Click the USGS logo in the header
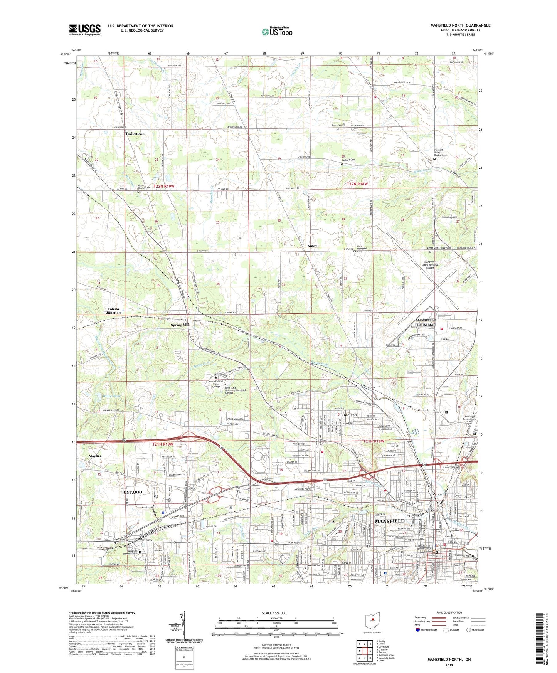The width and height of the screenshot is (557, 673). [85, 30]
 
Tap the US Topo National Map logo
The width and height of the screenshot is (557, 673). [276, 32]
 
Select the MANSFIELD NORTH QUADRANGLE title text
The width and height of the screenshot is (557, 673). [460, 25]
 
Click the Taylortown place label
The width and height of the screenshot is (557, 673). [135, 133]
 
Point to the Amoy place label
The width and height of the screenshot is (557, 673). [312, 246]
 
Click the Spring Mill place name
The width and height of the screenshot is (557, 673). [180, 325]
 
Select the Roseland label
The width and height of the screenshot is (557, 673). [348, 415]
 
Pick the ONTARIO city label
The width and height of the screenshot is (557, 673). [133, 492]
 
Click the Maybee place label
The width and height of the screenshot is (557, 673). [95, 456]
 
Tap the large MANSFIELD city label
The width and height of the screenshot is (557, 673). [389, 521]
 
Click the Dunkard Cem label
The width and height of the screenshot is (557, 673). [348, 160]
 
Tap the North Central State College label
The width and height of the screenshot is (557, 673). [215, 384]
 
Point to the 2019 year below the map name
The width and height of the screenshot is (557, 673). [449, 665]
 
